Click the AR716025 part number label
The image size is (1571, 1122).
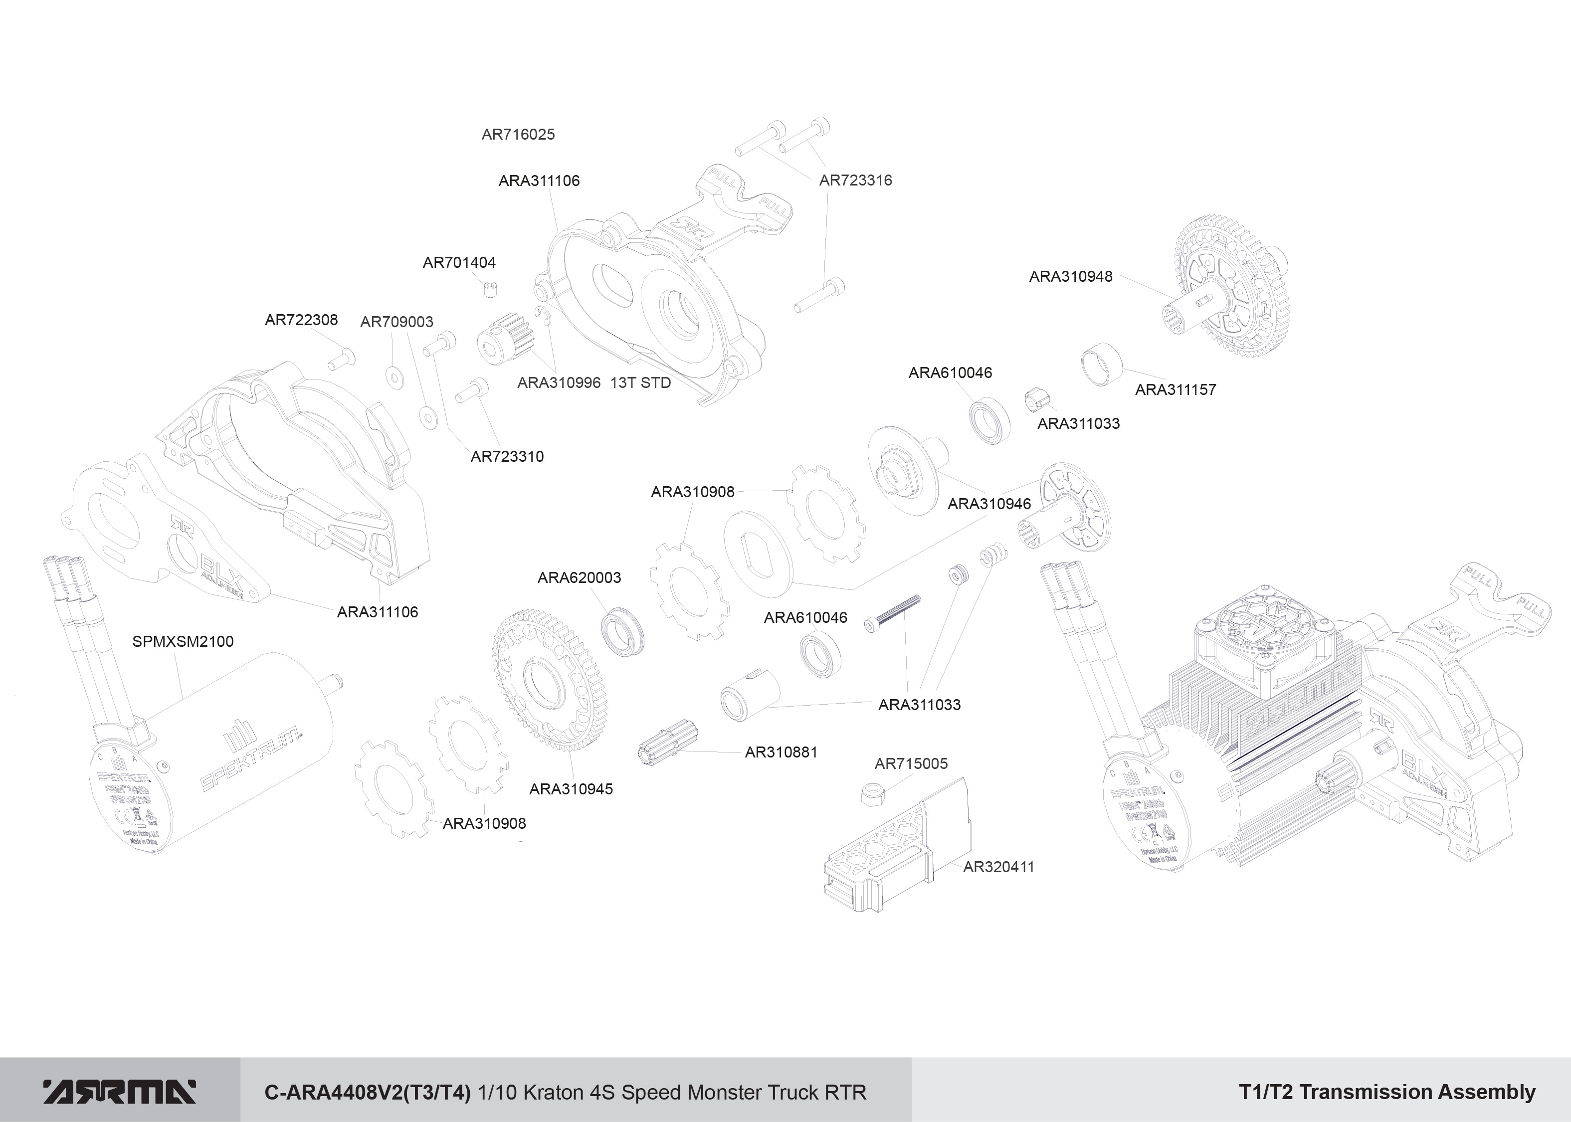tap(518, 135)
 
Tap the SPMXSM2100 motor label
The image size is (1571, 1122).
tap(183, 641)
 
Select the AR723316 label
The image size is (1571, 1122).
tap(855, 181)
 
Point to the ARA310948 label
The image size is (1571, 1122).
tap(1070, 276)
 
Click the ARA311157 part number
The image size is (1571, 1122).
tap(1175, 389)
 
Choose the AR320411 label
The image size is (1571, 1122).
tap(998, 867)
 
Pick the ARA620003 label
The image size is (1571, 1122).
tap(579, 577)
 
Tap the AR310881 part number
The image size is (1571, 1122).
tap(781, 752)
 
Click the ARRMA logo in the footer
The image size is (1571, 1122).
tap(120, 1092)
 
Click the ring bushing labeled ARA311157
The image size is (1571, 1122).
tap(1101, 364)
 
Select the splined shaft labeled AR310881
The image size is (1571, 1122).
tap(667, 742)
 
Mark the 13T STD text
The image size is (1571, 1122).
tap(640, 383)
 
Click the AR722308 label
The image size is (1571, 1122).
tap(301, 320)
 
